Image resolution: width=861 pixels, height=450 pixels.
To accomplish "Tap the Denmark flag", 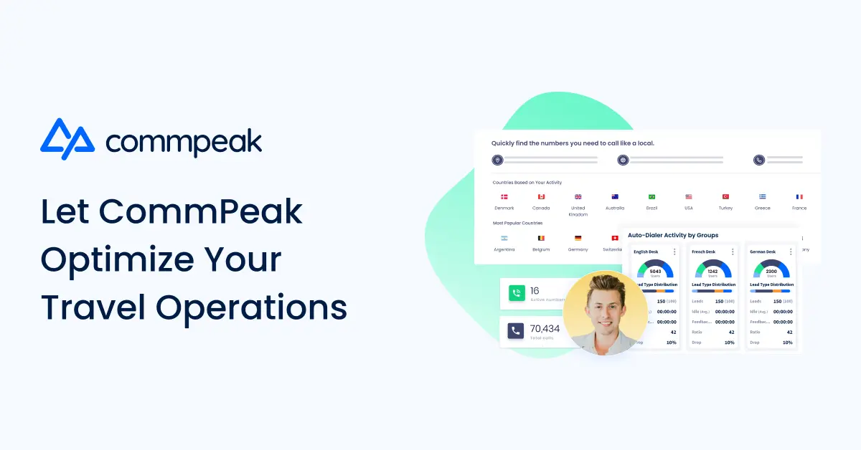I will [x=504, y=196].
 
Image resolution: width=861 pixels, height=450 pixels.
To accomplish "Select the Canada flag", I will [x=541, y=196].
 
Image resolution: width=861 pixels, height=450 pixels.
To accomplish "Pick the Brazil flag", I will [x=651, y=196].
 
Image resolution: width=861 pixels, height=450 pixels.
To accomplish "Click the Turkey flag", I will [x=725, y=196].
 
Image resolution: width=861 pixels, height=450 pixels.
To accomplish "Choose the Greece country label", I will [x=762, y=209].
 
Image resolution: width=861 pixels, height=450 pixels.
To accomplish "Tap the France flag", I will [x=799, y=196].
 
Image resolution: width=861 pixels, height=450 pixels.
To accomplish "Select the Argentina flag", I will [x=504, y=237].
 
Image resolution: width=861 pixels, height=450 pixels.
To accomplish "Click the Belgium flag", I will [x=541, y=237].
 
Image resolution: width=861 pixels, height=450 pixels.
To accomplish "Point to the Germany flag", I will [x=578, y=237].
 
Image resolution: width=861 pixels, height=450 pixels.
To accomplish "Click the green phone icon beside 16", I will [x=516, y=292].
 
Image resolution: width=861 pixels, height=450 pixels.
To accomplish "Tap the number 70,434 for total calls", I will [x=545, y=328].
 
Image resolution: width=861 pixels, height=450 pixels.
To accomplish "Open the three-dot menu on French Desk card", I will [x=733, y=252].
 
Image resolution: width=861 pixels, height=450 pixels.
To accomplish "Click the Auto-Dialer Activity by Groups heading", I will [x=672, y=235].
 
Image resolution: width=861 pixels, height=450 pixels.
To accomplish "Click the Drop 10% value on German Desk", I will [x=787, y=343].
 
